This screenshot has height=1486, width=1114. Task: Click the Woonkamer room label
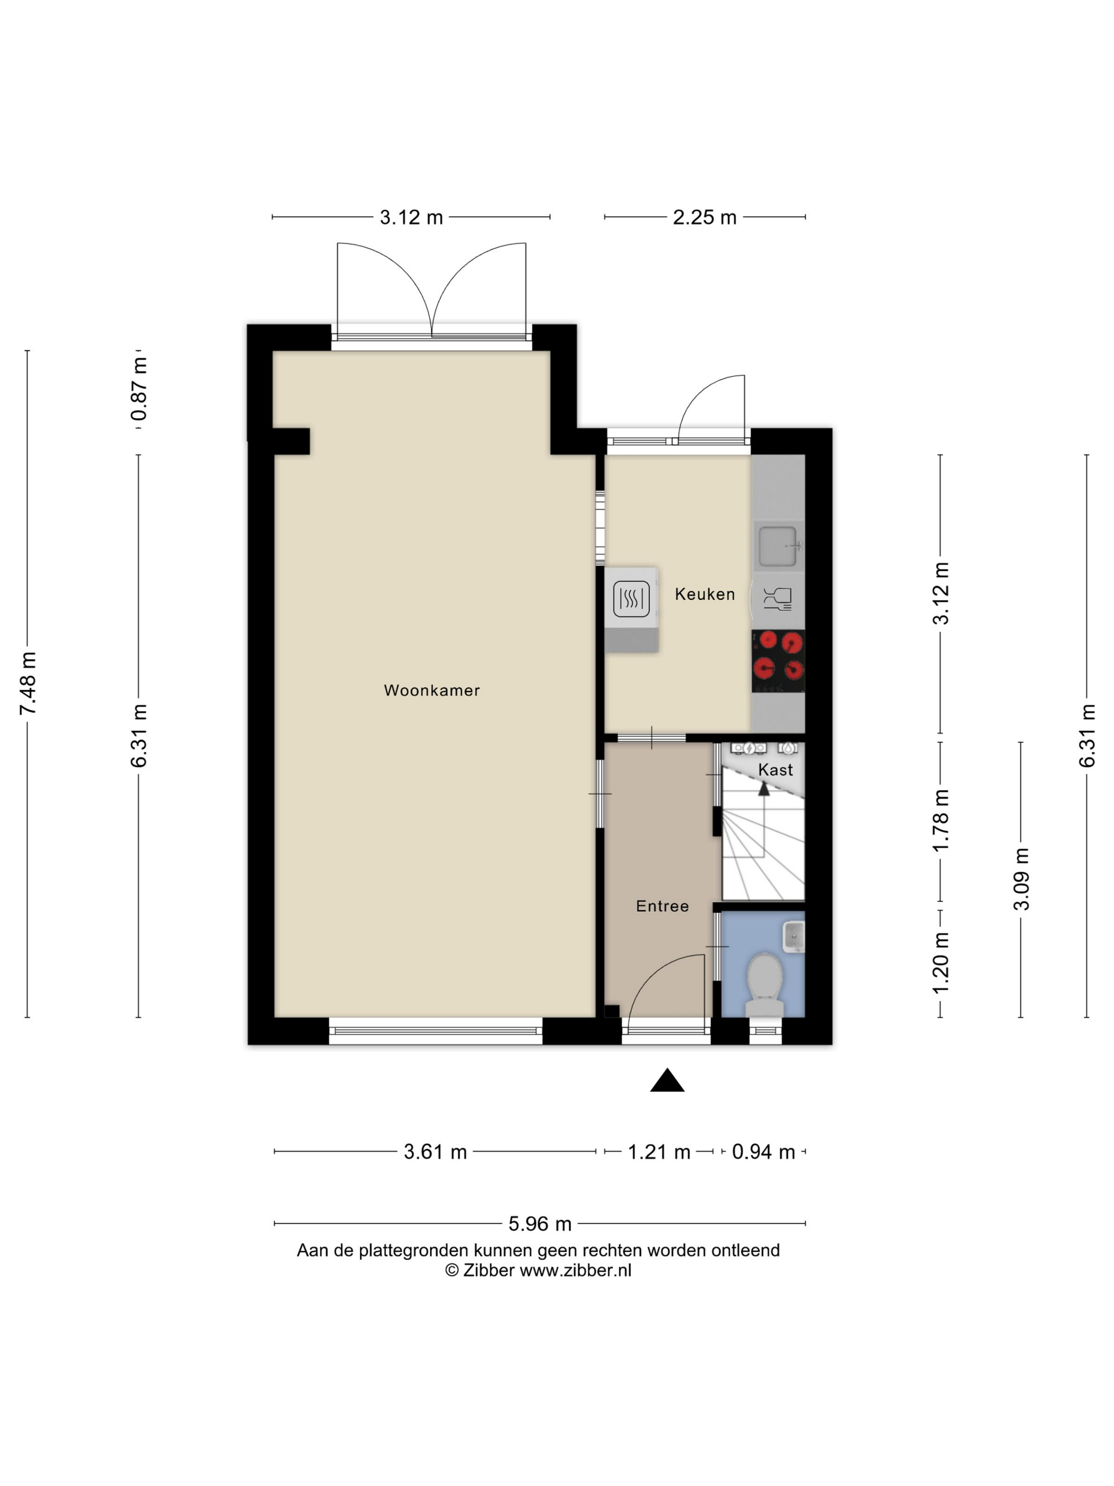click(x=431, y=690)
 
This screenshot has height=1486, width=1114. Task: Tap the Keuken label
click(x=704, y=594)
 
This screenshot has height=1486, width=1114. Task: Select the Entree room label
click(x=662, y=906)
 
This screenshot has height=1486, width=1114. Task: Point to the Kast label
click(x=775, y=770)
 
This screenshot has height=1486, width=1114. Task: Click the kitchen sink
click(x=778, y=546)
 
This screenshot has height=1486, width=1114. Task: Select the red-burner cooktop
click(x=778, y=661)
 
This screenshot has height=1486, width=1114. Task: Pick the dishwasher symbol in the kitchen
click(x=778, y=597)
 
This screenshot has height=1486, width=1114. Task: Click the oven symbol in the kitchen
click(x=631, y=599)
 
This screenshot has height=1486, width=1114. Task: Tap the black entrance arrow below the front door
click(x=667, y=1080)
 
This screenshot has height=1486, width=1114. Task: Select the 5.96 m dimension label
click(x=540, y=1224)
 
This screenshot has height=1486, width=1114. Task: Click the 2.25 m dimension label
click(x=704, y=218)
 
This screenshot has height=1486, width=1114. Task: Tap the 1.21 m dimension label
click(x=659, y=1152)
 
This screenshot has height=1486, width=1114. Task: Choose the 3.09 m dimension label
click(x=1021, y=879)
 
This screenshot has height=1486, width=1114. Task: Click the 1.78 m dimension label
click(x=940, y=820)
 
